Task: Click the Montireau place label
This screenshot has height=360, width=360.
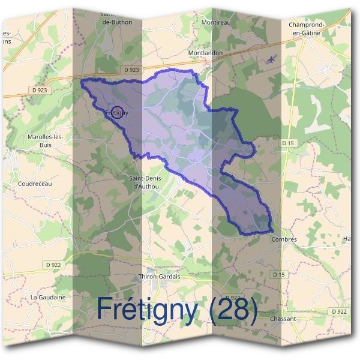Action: pos(216,22)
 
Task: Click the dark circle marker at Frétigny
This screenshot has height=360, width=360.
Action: pos(118,112)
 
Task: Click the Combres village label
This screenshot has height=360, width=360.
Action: pos(284,239)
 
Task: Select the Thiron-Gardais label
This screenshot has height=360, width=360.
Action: pos(159,277)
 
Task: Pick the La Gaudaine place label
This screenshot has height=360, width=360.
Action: pos(48,296)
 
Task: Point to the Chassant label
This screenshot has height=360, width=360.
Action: pos(283,319)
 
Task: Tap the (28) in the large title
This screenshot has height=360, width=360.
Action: pos(235,310)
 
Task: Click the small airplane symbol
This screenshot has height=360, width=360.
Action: pos(272,59)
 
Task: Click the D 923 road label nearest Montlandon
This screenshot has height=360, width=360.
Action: pos(131,70)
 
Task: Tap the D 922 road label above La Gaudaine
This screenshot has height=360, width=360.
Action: pos(53,264)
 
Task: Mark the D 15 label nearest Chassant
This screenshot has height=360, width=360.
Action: pos(278,274)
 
